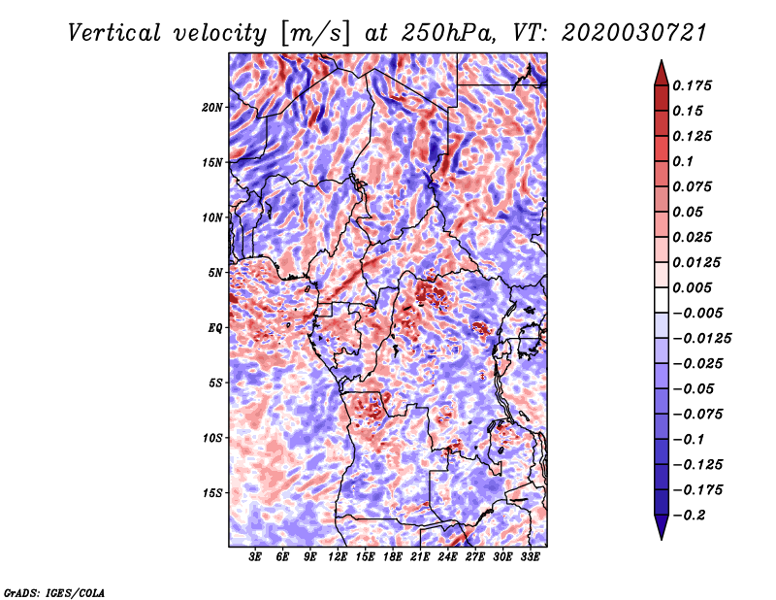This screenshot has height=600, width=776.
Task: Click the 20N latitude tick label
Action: [x=212, y=107]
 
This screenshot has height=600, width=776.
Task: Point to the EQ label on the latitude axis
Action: [x=215, y=328]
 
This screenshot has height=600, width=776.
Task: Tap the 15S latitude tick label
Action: [x=212, y=493]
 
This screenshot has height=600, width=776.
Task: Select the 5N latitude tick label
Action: [x=215, y=273]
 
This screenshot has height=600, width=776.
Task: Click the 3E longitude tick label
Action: [x=255, y=557]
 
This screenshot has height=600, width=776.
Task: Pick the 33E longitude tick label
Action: [x=530, y=557]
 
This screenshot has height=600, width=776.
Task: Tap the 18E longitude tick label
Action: [x=393, y=557]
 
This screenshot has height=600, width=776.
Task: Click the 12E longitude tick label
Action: [x=338, y=557]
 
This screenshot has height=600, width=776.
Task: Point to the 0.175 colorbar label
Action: [x=692, y=85]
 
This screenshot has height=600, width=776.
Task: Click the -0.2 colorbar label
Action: [x=689, y=516]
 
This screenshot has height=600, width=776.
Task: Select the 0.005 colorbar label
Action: [x=692, y=287]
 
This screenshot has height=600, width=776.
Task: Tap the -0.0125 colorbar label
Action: [x=701, y=339]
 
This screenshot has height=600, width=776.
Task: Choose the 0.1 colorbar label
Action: [x=683, y=161]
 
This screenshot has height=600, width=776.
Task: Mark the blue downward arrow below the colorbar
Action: [x=662, y=527]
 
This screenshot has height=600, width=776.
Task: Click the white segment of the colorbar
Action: [x=662, y=300]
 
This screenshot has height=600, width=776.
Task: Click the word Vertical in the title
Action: [x=114, y=33]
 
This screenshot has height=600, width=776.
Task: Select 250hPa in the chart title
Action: [x=448, y=33]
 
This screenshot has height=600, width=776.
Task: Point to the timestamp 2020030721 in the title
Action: [x=634, y=33]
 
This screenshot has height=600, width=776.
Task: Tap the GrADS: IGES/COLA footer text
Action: [x=54, y=592]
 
